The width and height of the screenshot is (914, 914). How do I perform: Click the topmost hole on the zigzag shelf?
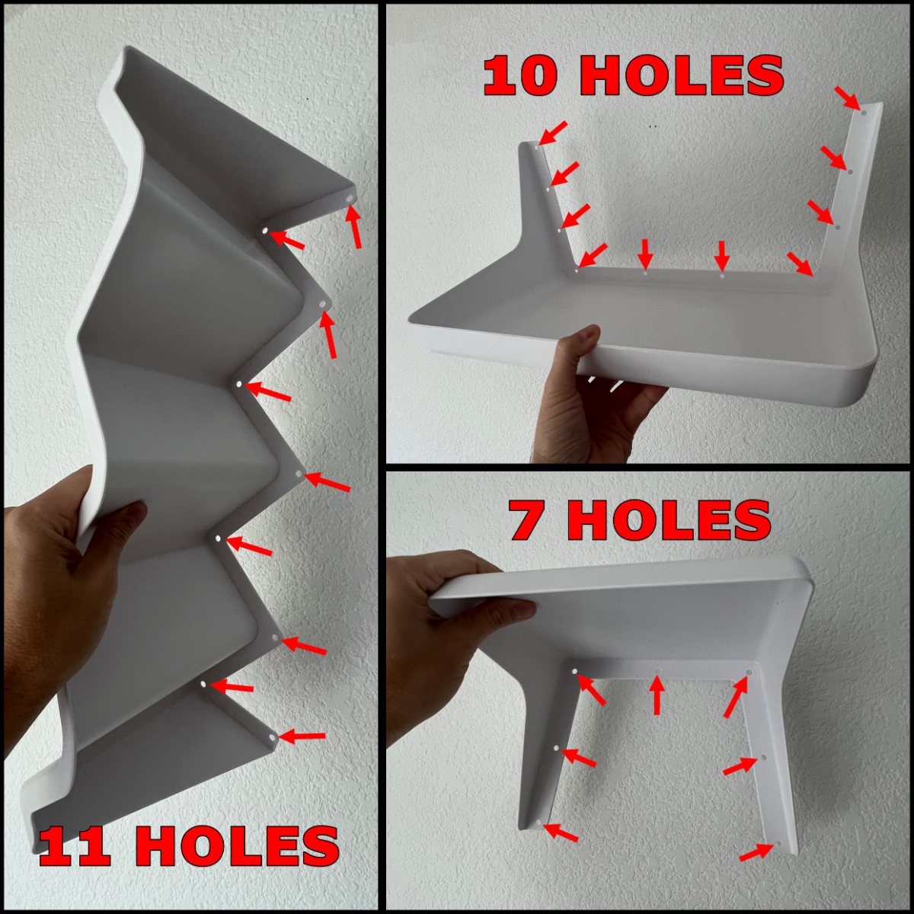point(350,199)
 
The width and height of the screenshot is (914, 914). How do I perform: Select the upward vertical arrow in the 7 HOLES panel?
point(657,694)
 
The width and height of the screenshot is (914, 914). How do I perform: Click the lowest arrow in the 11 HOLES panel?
point(302,736)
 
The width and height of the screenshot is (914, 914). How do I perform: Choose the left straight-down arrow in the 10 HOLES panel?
point(645,254)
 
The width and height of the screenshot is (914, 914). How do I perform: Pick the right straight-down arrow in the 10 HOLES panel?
point(722,256)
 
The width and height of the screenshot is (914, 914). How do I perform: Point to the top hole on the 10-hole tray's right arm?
point(863,113)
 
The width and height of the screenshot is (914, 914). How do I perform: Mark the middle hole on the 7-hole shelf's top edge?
point(657,671)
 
